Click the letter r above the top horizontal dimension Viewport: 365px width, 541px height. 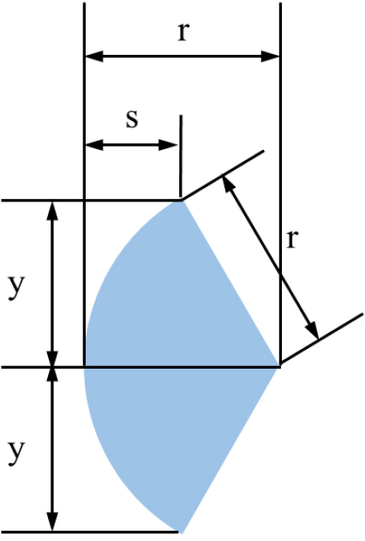coord(183,33)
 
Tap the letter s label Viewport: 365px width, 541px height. coord(132,119)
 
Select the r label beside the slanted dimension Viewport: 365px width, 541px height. coord(291,239)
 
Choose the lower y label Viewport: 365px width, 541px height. coord(16,453)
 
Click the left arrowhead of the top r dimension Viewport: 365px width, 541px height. coord(93,56)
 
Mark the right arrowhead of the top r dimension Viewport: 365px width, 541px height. coord(270,56)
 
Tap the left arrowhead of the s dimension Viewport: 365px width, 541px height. coord(93,145)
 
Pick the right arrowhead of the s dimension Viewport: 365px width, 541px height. coord(168,145)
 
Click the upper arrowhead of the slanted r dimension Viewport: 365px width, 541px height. coord(228,183)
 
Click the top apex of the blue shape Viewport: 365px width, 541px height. coord(182,201)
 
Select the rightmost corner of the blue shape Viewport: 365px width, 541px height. coord(278,367)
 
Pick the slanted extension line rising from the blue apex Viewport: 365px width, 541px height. coord(223,175)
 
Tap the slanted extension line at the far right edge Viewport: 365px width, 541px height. coord(322,339)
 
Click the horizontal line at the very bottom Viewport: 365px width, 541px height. coord(90,532)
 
